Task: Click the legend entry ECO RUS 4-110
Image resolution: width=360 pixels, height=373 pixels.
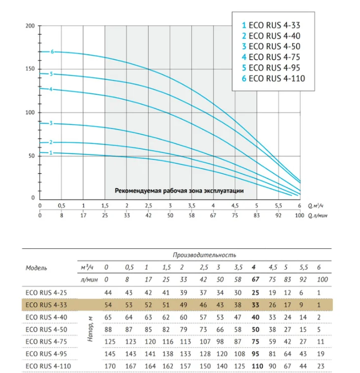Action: [273, 78]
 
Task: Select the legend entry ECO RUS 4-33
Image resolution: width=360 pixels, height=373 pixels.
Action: [271, 25]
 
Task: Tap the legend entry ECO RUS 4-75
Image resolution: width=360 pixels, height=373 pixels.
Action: [271, 57]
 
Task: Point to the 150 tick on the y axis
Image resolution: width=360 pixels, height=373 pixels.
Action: [30, 69]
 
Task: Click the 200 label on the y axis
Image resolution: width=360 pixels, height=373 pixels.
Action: [30, 26]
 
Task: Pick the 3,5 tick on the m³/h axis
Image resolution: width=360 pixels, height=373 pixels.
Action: [191, 206]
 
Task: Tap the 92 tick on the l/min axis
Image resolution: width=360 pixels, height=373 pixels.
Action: [278, 216]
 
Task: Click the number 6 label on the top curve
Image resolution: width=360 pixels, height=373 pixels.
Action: [52, 52]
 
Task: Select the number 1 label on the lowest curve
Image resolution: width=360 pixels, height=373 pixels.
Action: [51, 153]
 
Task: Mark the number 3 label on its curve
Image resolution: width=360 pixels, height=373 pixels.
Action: [51, 123]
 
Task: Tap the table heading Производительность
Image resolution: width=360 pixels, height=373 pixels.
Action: [205, 255]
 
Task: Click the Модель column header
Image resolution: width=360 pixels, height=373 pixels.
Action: [36, 268]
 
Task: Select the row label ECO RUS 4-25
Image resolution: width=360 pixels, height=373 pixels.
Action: [46, 292]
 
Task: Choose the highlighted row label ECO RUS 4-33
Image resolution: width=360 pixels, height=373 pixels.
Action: [46, 305]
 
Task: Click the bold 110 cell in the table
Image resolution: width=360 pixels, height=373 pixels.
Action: [257, 366]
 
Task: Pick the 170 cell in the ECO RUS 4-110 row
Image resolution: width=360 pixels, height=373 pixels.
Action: [110, 366]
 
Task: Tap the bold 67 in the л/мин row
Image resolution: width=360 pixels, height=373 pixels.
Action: [255, 279]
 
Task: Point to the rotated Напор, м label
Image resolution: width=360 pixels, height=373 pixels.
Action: [90, 329]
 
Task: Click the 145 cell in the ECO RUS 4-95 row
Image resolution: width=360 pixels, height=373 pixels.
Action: [110, 354]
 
